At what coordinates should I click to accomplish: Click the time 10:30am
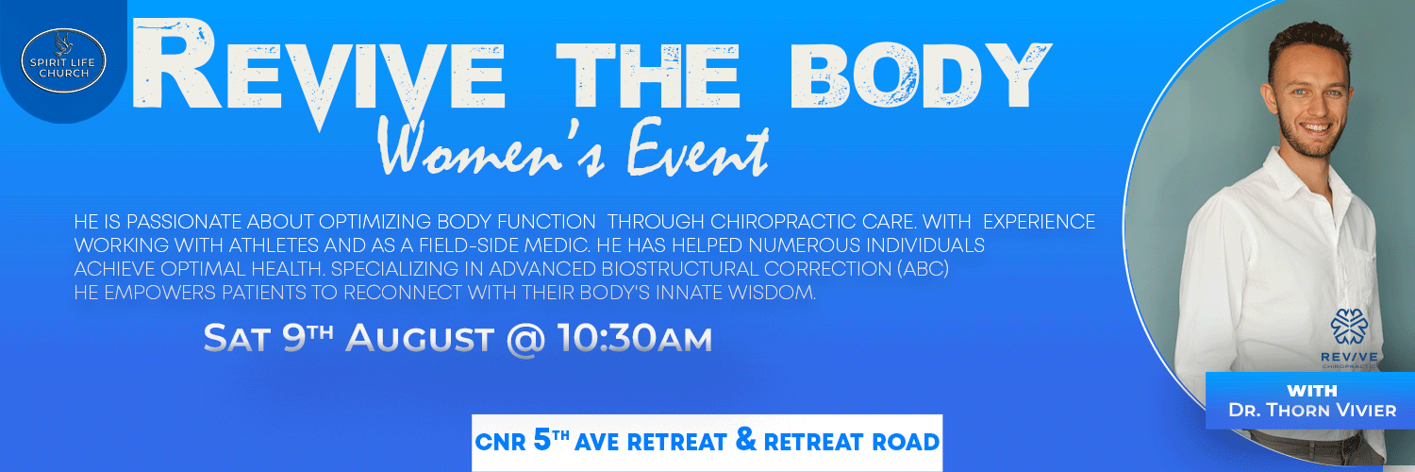634,338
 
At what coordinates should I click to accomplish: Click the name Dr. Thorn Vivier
1312,410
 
